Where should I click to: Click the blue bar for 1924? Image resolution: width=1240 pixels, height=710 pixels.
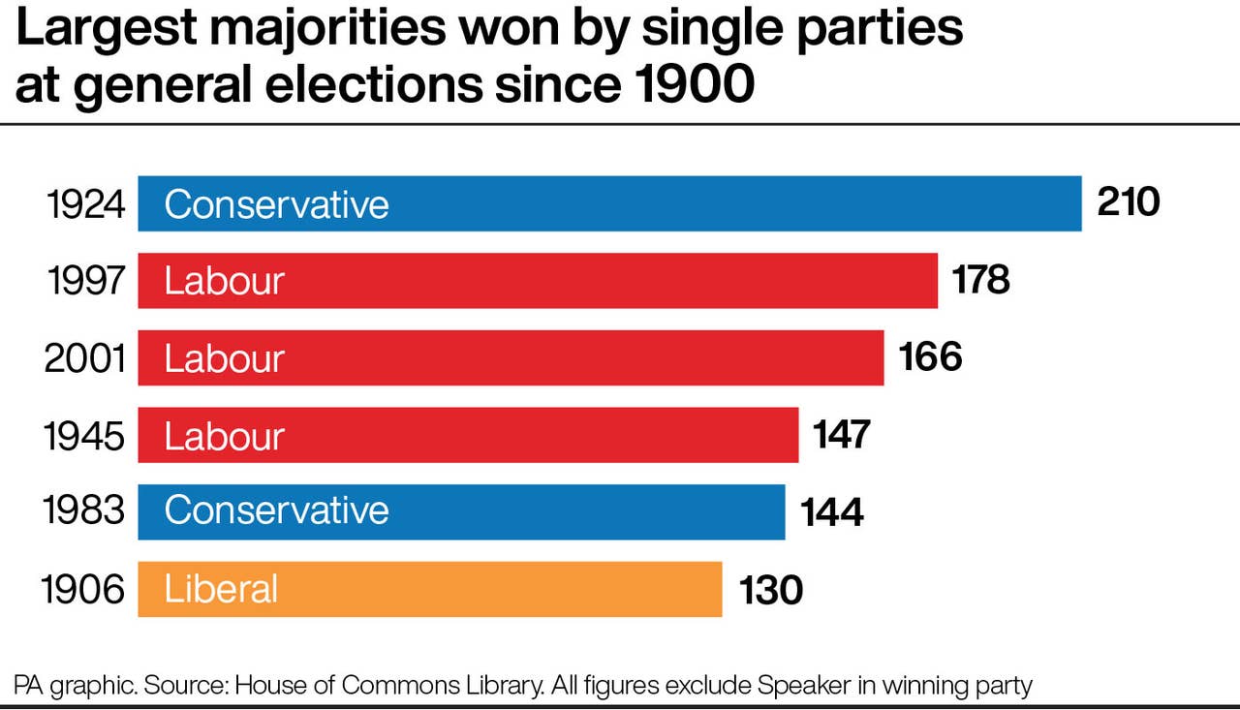pos(609,203)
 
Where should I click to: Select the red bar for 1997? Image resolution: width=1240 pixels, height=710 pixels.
pos(538,281)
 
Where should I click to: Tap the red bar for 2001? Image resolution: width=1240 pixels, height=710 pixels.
pos(511,358)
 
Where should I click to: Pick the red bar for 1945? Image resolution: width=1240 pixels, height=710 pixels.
pos(468,436)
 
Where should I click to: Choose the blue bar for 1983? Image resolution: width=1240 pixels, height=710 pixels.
pos(461,511)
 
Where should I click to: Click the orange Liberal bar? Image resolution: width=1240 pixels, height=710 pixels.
pos(430,589)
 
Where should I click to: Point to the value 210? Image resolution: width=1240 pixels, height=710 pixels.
pos(1128,203)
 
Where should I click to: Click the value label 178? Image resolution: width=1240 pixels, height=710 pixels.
pos(981,281)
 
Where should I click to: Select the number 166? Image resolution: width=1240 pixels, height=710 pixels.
pos(930,357)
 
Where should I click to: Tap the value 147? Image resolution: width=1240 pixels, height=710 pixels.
pos(842,435)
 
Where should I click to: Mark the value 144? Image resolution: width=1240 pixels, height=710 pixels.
pos(832,511)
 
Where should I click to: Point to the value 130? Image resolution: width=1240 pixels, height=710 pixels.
pos(771,589)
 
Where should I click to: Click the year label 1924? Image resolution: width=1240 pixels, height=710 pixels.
pos(86,205)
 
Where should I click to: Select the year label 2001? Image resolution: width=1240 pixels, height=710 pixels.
pos(85,359)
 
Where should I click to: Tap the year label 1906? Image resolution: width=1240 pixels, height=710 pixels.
pos(83,590)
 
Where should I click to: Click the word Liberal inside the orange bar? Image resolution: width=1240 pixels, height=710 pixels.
pos(221,589)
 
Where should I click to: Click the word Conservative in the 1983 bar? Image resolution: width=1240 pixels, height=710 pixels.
pos(276,510)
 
